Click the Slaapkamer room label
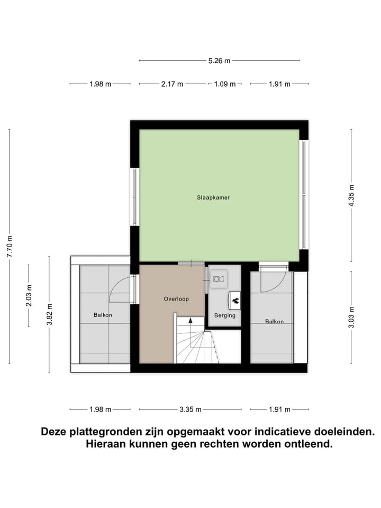[x=213, y=197]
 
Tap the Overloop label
[x=176, y=299]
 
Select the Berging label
[x=224, y=315]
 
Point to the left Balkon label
[x=103, y=315]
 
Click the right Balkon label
[x=274, y=321]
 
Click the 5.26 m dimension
[x=219, y=61]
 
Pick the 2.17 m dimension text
[x=172, y=84]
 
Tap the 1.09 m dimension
[x=224, y=84]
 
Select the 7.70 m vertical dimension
[x=10, y=246]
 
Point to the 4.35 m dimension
[x=351, y=195]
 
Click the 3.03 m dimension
[x=351, y=317]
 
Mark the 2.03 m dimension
[x=29, y=296]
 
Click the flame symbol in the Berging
[x=234, y=301]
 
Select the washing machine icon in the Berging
[x=217, y=277]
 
